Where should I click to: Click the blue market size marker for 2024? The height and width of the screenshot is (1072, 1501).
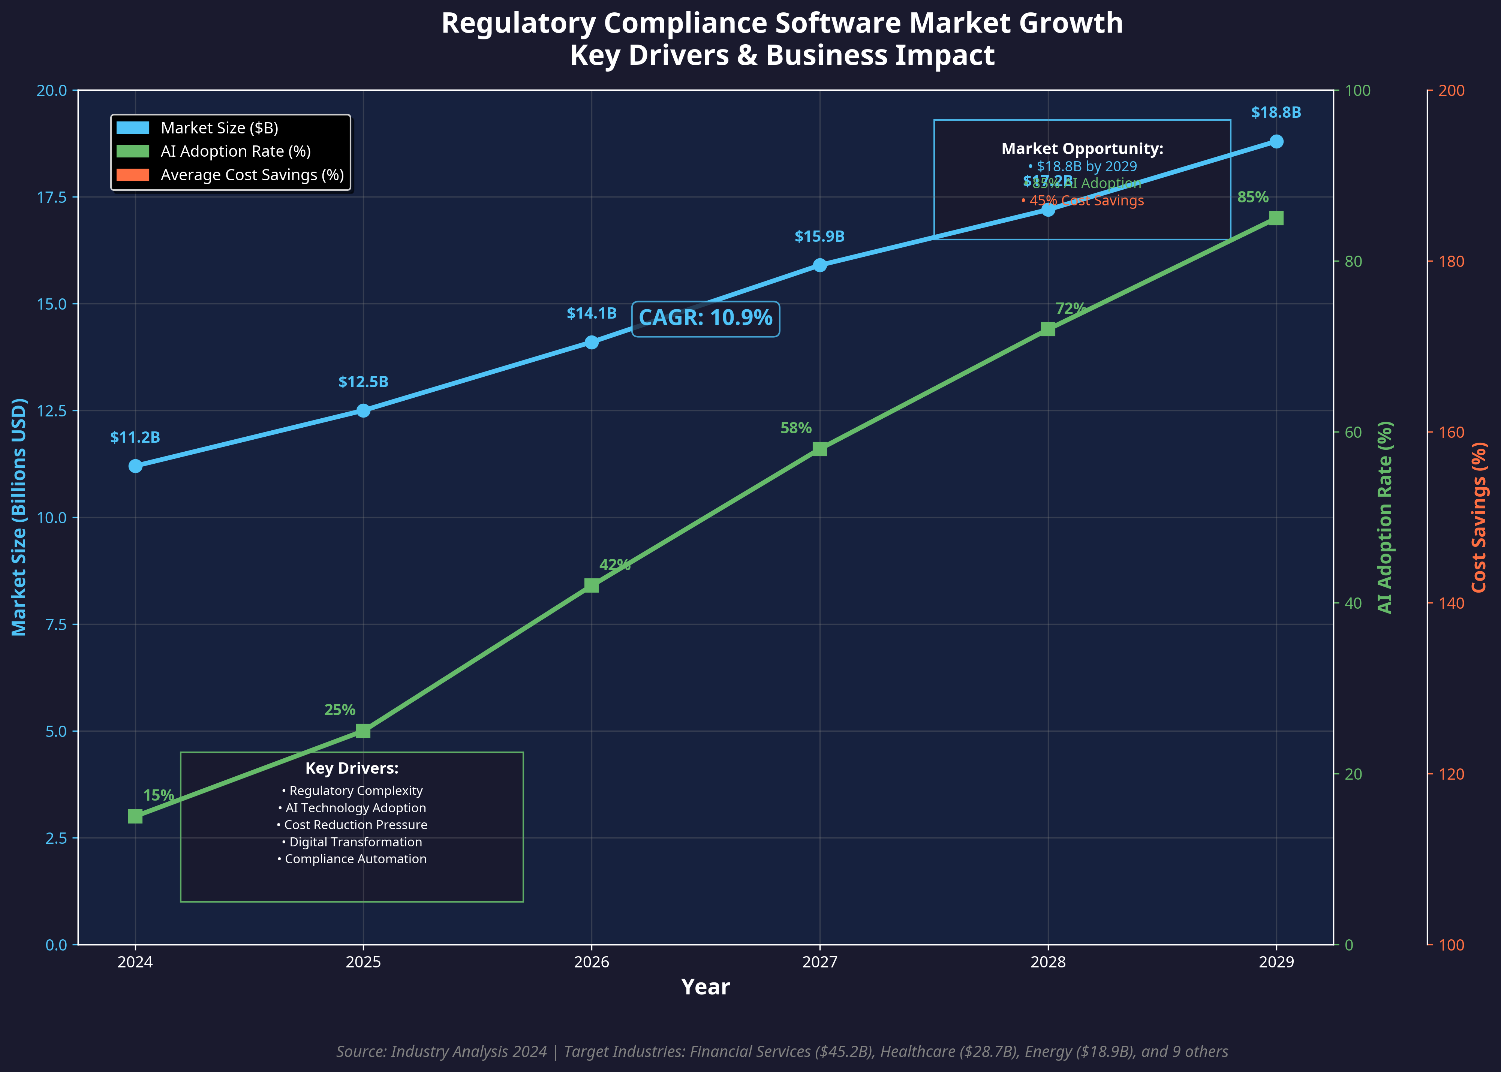coord(135,466)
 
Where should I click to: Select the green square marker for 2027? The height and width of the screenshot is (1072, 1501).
coord(820,449)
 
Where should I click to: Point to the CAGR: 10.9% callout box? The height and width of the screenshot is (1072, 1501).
coord(705,318)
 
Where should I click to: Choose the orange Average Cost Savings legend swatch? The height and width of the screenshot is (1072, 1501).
coord(133,175)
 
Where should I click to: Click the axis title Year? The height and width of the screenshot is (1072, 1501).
coord(705,988)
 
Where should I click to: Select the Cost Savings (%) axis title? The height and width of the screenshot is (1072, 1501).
coord(1479,518)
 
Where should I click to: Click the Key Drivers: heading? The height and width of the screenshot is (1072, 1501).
coord(352,768)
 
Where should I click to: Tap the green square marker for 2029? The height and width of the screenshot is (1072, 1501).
coord(1276,219)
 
